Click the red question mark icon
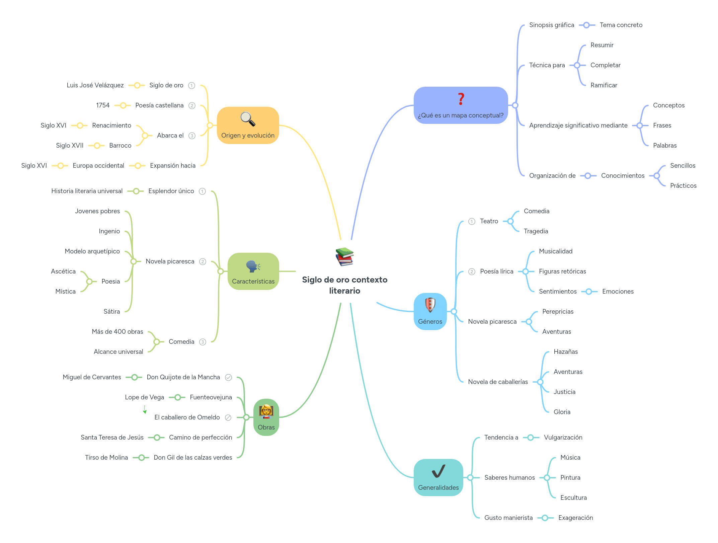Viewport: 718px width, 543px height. [461, 99]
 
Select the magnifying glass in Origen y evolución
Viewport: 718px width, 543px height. [248, 119]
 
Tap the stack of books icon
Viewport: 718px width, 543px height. [344, 257]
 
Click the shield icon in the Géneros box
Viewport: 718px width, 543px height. [430, 305]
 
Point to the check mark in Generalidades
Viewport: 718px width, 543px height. [438, 471]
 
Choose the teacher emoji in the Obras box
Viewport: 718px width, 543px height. [266, 411]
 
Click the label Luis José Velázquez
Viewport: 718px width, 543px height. [95, 85]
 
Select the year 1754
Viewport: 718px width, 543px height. [103, 105]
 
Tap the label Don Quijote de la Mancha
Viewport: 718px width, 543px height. [183, 377]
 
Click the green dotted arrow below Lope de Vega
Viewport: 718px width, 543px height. [145, 410]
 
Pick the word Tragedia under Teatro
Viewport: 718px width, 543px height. [536, 231]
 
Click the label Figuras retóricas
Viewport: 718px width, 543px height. [562, 271]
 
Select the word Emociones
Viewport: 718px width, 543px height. [618, 292]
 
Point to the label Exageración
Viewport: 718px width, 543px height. [575, 518]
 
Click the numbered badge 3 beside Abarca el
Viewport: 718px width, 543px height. [192, 136]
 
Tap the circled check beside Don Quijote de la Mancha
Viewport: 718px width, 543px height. [228, 378]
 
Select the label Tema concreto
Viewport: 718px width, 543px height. [621, 25]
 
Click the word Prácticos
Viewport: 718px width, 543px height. [683, 186]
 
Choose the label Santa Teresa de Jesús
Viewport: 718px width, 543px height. [112, 438]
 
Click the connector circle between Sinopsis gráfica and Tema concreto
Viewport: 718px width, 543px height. [586, 25]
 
